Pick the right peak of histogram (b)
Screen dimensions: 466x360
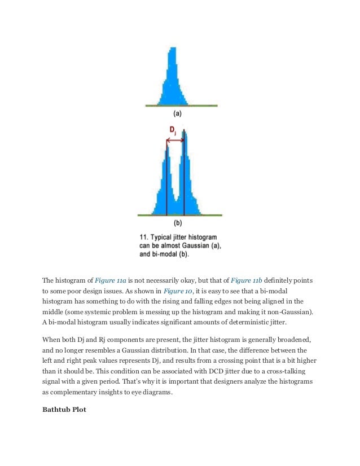tap(185, 134)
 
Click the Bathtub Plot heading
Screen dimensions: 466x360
tap(64, 410)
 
